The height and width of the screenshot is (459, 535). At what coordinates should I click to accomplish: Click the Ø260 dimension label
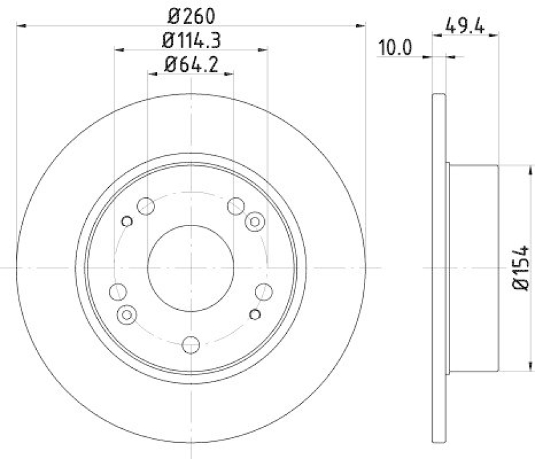(x=191, y=15)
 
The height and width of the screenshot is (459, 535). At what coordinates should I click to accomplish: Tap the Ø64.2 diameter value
(x=191, y=65)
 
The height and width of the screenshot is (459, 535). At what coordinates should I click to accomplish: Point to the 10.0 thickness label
(x=394, y=48)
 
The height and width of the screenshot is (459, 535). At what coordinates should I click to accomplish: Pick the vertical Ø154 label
(x=521, y=268)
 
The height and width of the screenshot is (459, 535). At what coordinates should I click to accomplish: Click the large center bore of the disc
(x=191, y=267)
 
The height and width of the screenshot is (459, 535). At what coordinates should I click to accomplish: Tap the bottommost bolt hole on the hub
(x=191, y=345)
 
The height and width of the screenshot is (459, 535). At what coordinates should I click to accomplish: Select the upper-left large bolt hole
(x=146, y=206)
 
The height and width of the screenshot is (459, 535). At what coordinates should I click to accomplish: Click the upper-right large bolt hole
(x=235, y=206)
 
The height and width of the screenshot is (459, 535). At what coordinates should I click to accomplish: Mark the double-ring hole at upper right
(x=255, y=221)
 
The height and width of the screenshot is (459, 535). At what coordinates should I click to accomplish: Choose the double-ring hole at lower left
(x=126, y=313)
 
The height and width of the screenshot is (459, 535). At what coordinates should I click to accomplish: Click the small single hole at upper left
(x=126, y=221)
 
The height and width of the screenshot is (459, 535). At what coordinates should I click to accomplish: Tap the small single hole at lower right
(x=255, y=313)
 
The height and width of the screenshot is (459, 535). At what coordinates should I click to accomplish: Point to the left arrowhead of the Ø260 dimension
(x=19, y=26)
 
